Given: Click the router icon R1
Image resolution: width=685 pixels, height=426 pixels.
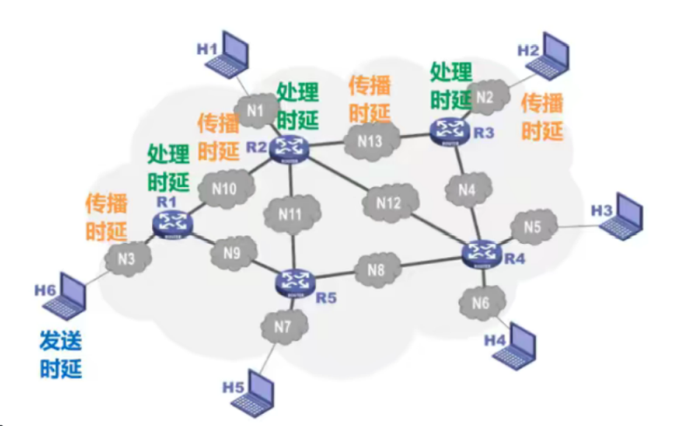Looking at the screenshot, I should click(x=172, y=223).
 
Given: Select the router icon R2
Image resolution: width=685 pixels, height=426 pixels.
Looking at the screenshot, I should click(x=285, y=149).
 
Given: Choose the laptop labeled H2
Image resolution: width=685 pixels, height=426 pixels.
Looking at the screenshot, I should click(x=555, y=54).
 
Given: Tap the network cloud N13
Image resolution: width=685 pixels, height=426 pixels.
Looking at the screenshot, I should click(x=368, y=141).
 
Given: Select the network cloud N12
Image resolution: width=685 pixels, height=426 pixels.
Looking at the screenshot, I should click(x=388, y=202).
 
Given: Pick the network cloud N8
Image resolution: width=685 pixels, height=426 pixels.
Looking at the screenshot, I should click(x=376, y=269).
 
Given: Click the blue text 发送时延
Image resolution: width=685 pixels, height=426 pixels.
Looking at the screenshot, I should click(x=60, y=353).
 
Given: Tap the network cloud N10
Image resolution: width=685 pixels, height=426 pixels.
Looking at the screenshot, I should click(x=224, y=188).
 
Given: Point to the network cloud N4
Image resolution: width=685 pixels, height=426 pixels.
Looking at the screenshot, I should click(x=468, y=189).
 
